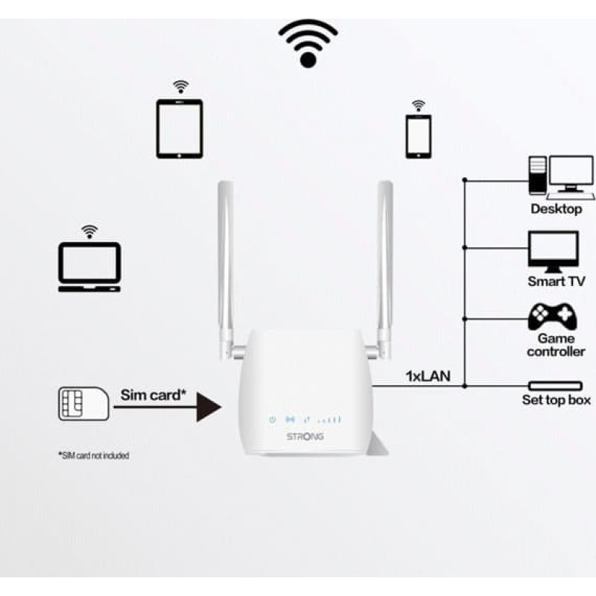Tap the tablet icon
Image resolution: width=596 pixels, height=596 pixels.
tap(180, 128)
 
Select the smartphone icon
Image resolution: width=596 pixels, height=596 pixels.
tap(418, 136)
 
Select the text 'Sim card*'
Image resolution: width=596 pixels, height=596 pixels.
tap(150, 394)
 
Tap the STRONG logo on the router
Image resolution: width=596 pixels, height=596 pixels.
tap(305, 436)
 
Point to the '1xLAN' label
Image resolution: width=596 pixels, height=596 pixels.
tap(428, 375)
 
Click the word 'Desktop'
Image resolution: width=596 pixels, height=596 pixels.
tap(556, 209)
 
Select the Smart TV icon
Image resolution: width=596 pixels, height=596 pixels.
tap(553, 251)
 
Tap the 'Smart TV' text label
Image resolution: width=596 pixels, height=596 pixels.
tap(556, 282)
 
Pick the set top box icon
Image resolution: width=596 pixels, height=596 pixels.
tap(555, 386)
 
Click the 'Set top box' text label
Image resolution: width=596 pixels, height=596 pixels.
tap(556, 400)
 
